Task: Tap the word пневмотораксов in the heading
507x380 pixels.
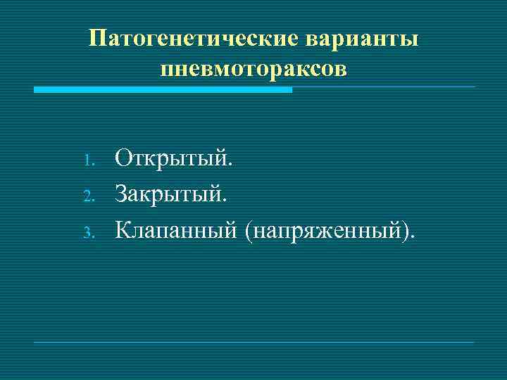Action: coord(254,69)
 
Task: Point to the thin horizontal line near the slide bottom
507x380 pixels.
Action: coord(254,342)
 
